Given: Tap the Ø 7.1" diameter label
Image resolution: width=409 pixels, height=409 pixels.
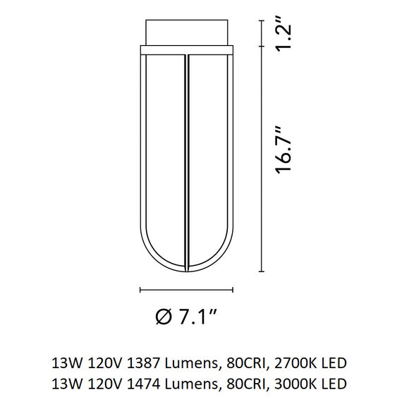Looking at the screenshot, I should (x=186, y=317).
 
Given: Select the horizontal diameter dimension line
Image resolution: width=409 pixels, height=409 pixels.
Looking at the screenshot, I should (x=186, y=289).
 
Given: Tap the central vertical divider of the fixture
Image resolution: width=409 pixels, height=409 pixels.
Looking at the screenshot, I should (x=186, y=162).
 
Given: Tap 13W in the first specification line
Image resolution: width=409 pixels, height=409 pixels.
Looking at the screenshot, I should (x=65, y=364).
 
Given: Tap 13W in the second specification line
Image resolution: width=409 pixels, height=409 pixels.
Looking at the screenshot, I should (x=65, y=384).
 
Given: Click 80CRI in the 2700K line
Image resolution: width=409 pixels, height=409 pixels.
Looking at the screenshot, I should (x=245, y=364).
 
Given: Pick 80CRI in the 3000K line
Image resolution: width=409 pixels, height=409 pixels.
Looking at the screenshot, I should (x=245, y=384).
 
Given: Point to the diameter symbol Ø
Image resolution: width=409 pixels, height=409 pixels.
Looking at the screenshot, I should (x=161, y=317).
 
